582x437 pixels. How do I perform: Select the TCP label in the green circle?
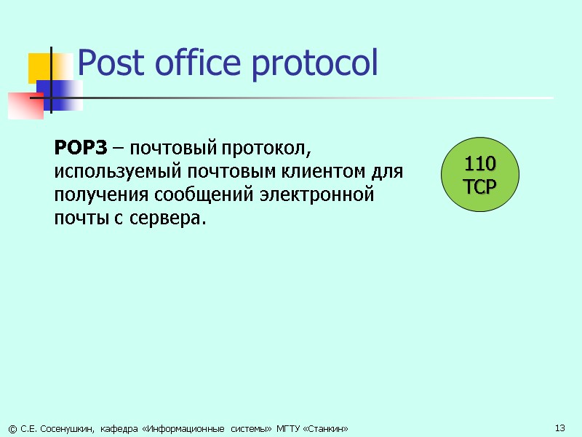pos(480,186)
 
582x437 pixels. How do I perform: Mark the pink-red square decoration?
pos(26,105)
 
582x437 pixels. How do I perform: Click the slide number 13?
pos(560,428)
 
